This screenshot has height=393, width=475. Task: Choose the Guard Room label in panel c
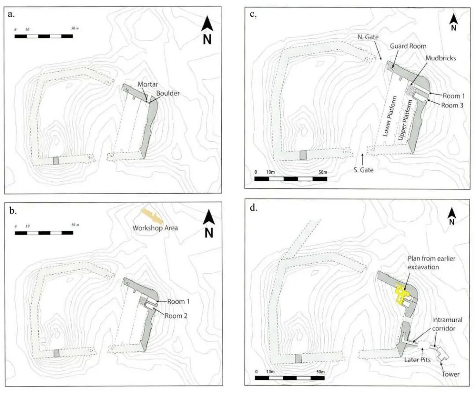pos(408,46)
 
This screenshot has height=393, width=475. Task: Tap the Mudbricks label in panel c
pos(431,58)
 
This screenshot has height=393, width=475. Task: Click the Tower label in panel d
pos(451,374)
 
